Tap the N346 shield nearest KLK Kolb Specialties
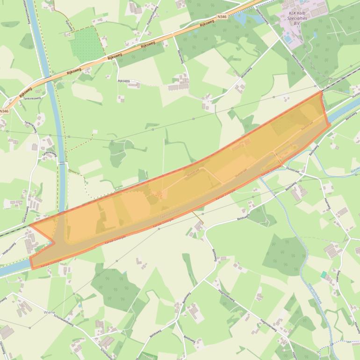222,17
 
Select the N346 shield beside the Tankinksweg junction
4,111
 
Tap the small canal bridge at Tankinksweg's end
62,164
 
